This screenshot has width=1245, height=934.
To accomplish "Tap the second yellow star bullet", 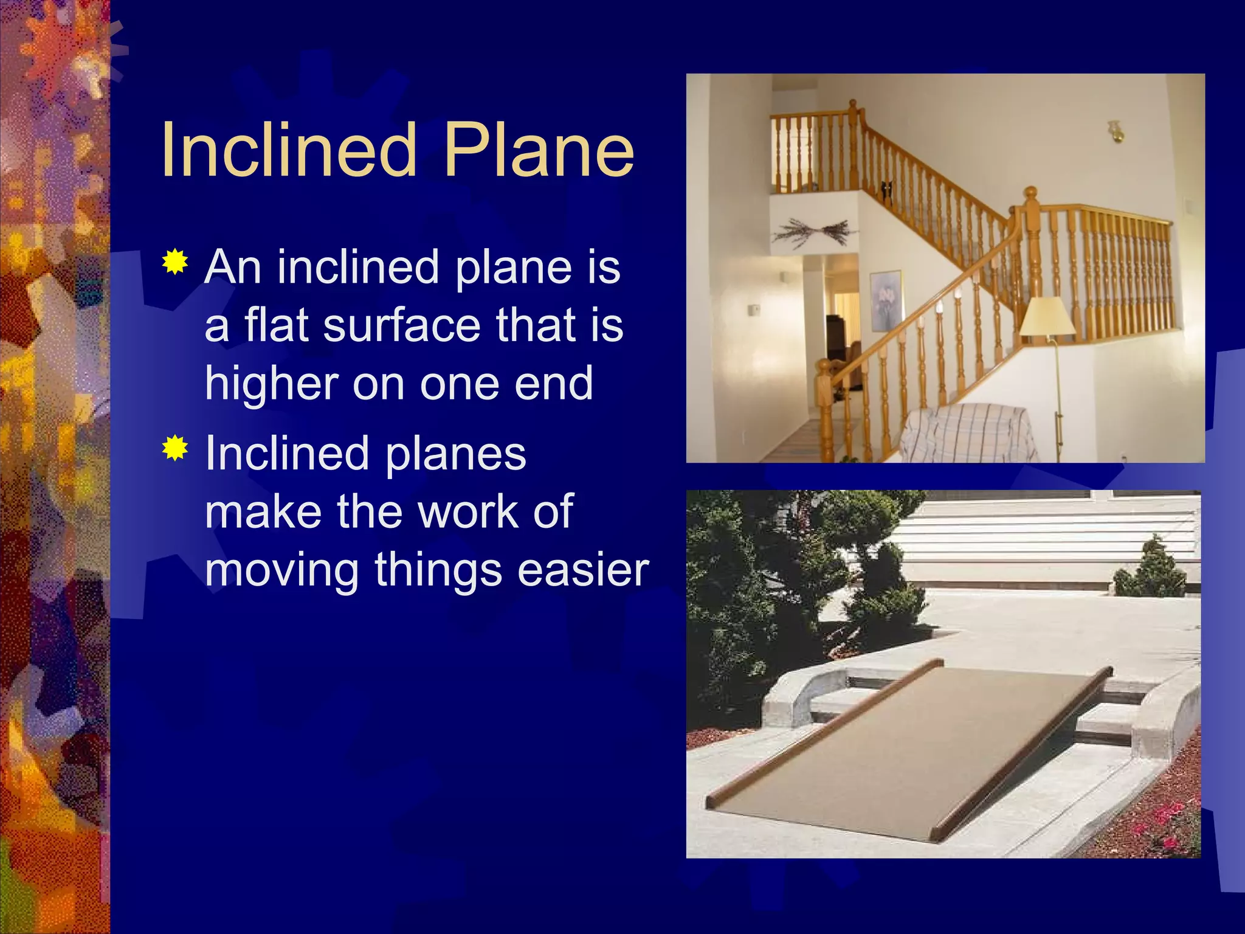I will tap(175, 448).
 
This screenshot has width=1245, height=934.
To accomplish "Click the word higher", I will tap(271, 384).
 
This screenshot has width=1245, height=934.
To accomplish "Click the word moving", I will tap(282, 572).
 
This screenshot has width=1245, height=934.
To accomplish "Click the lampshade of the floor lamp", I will tap(1047, 316).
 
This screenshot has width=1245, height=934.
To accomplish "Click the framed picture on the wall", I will tap(885, 300).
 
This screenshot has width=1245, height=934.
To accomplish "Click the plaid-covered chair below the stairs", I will tap(967, 433).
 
